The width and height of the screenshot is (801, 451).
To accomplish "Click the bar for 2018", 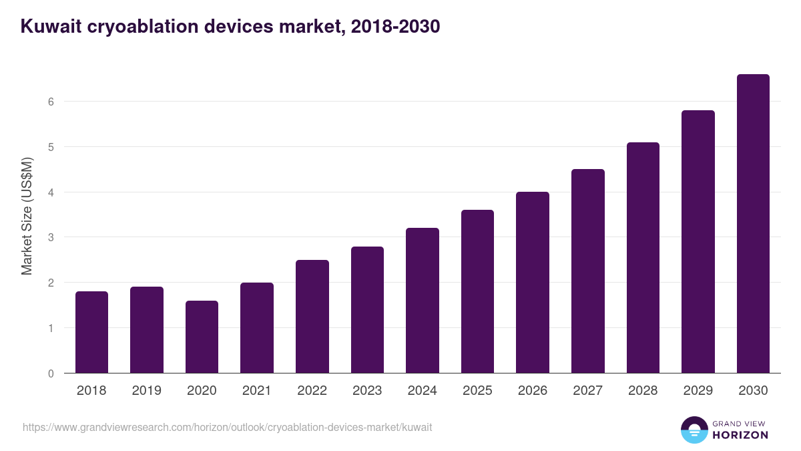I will (91, 332).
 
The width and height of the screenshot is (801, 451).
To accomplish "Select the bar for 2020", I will (202, 337).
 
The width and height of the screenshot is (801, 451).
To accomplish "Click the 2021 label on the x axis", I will (257, 391).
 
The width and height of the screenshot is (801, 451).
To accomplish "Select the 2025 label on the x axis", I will (477, 391).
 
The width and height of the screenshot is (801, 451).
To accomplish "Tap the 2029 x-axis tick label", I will (698, 391).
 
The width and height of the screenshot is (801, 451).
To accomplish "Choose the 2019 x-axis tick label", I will (146, 391).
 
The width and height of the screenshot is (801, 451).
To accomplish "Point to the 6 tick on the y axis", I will (51, 102).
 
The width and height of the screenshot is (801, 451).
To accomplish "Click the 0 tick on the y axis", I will (51, 373).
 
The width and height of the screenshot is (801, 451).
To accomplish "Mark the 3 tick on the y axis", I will (51, 237).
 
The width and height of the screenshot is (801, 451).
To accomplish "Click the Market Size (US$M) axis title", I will (27, 215).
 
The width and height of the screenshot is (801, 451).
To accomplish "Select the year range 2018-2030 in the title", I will (393, 27).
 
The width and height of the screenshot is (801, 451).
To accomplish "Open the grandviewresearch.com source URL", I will (227, 427).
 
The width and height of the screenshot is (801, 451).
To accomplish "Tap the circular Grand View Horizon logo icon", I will (694, 430).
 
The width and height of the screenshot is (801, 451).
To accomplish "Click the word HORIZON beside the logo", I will (740, 435).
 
